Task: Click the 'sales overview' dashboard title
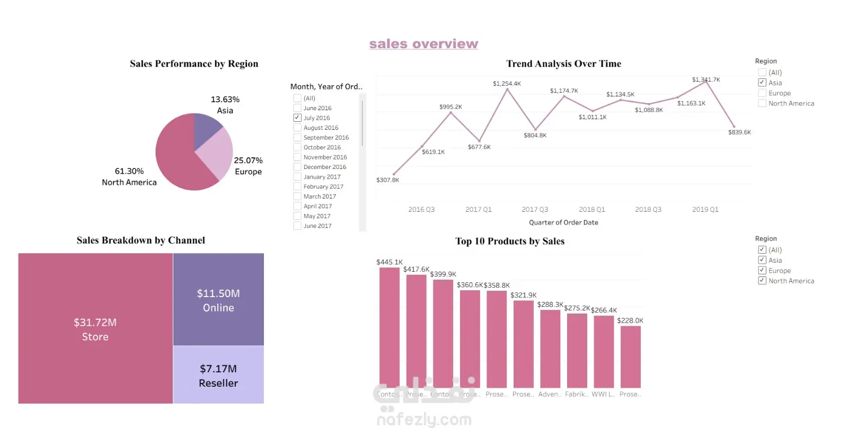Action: click(423, 44)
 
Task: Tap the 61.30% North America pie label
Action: click(129, 176)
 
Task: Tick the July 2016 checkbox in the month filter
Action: click(297, 118)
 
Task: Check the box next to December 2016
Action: click(297, 167)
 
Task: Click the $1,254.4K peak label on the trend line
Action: click(507, 84)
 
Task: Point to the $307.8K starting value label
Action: click(387, 180)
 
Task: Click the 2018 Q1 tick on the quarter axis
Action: click(591, 210)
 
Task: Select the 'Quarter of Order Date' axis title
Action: click(563, 222)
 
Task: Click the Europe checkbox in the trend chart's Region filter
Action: click(762, 93)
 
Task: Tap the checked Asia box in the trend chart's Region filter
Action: click(762, 83)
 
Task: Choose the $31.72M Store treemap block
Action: click(95, 328)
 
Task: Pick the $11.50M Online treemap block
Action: click(218, 300)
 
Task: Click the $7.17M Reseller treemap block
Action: click(218, 375)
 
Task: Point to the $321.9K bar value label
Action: click(523, 295)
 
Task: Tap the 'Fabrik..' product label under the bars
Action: click(576, 394)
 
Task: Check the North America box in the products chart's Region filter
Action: click(762, 281)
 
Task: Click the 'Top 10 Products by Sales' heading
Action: click(510, 242)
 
